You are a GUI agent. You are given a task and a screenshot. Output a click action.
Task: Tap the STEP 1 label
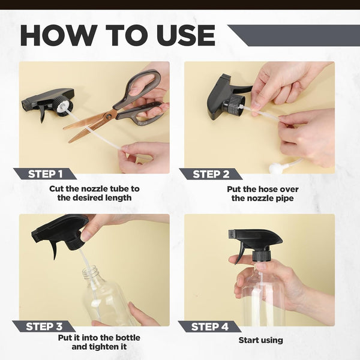(x=45, y=174)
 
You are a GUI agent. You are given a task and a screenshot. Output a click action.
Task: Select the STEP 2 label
(x=211, y=174)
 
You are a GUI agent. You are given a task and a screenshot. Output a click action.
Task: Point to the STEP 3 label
(x=44, y=326)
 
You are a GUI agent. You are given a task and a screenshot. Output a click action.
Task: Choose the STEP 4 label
(x=209, y=326)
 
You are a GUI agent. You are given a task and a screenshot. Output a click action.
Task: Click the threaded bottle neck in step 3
(x=91, y=272)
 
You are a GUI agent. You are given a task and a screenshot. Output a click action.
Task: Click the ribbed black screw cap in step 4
(x=261, y=256)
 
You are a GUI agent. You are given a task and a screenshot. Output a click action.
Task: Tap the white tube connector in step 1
(x=62, y=106)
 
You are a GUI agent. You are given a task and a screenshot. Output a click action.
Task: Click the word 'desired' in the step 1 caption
(x=86, y=197)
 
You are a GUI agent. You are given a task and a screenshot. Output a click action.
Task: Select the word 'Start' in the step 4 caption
(x=247, y=340)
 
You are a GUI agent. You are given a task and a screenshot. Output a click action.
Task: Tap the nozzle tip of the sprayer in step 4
(x=231, y=234)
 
